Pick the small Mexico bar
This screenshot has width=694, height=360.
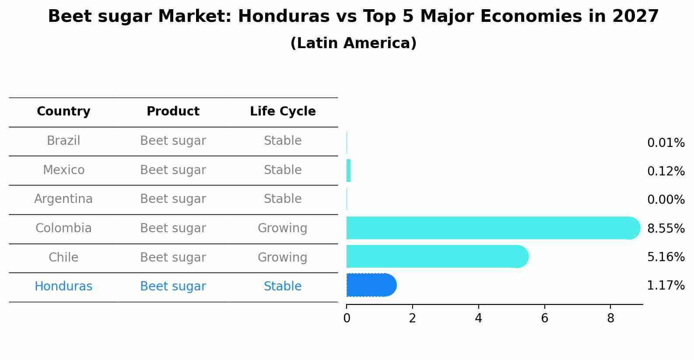pyautogui.click(x=349, y=171)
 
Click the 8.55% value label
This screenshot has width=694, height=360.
pyautogui.click(x=666, y=228)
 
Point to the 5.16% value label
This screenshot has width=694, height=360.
pyautogui.click(x=666, y=257)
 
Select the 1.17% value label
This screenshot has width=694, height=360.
pyautogui.click(x=666, y=286)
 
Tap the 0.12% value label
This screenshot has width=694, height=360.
pyautogui.click(x=666, y=171)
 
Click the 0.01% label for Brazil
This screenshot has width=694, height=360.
pyautogui.click(x=666, y=143)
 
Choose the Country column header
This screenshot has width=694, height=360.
pyautogui.click(x=63, y=112)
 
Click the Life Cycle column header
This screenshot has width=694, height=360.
pyautogui.click(x=283, y=112)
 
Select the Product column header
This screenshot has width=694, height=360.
pyautogui.click(x=173, y=112)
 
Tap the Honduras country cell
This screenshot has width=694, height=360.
pyautogui.click(x=63, y=287)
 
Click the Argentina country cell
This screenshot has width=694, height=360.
pyautogui.click(x=63, y=199)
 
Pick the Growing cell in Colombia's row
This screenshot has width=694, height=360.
pyautogui.click(x=283, y=228)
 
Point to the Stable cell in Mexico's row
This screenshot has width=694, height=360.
pyautogui.click(x=283, y=170)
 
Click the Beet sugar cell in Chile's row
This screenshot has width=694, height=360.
pyautogui.click(x=173, y=257)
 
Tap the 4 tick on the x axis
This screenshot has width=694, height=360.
pyautogui.click(x=478, y=318)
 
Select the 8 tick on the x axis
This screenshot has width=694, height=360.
pyautogui.click(x=610, y=318)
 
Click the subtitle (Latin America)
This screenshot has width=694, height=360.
pyautogui.click(x=353, y=43)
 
